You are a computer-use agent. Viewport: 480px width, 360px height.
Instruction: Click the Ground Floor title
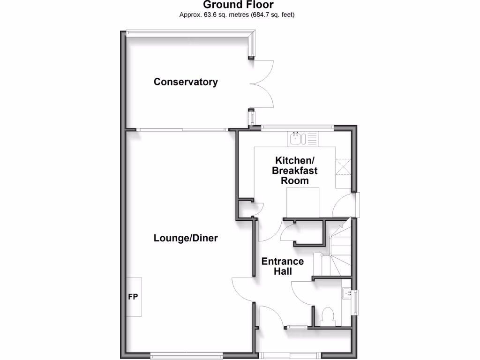tap(238, 5)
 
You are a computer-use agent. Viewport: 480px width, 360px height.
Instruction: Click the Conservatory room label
tap(186, 82)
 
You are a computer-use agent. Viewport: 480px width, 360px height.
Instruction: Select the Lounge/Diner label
tap(186, 238)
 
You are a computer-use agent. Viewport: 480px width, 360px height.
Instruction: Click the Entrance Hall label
tap(282, 266)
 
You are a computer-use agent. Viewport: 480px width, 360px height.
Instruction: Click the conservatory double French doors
tap(262, 84)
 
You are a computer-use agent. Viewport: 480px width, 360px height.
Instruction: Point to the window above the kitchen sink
tap(297, 126)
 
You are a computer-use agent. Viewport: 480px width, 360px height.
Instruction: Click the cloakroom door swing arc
tap(300, 293)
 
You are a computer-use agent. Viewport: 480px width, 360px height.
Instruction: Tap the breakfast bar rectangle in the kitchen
tap(303, 202)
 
